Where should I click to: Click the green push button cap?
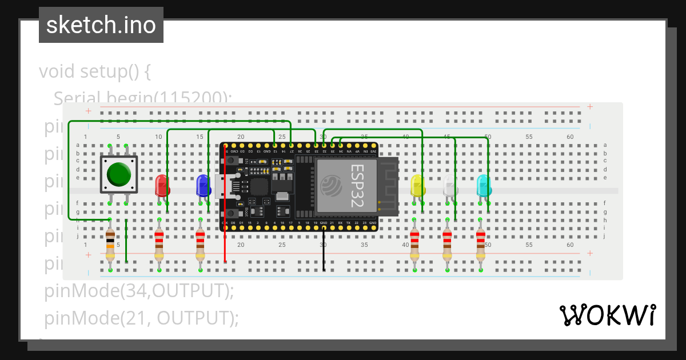(x=119, y=174)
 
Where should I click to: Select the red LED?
(x=162, y=186)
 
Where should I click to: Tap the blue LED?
(x=203, y=186)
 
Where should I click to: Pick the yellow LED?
(x=418, y=186)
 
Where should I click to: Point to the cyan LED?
(x=484, y=186)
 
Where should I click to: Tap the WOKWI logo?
(x=607, y=315)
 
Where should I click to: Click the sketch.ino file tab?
(x=101, y=25)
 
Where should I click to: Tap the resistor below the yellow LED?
(x=414, y=244)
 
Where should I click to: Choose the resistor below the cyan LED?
(x=481, y=244)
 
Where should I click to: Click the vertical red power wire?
(x=225, y=229)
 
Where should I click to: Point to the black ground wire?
(x=324, y=251)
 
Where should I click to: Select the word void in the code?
(x=57, y=72)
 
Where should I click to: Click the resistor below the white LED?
(x=448, y=244)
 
